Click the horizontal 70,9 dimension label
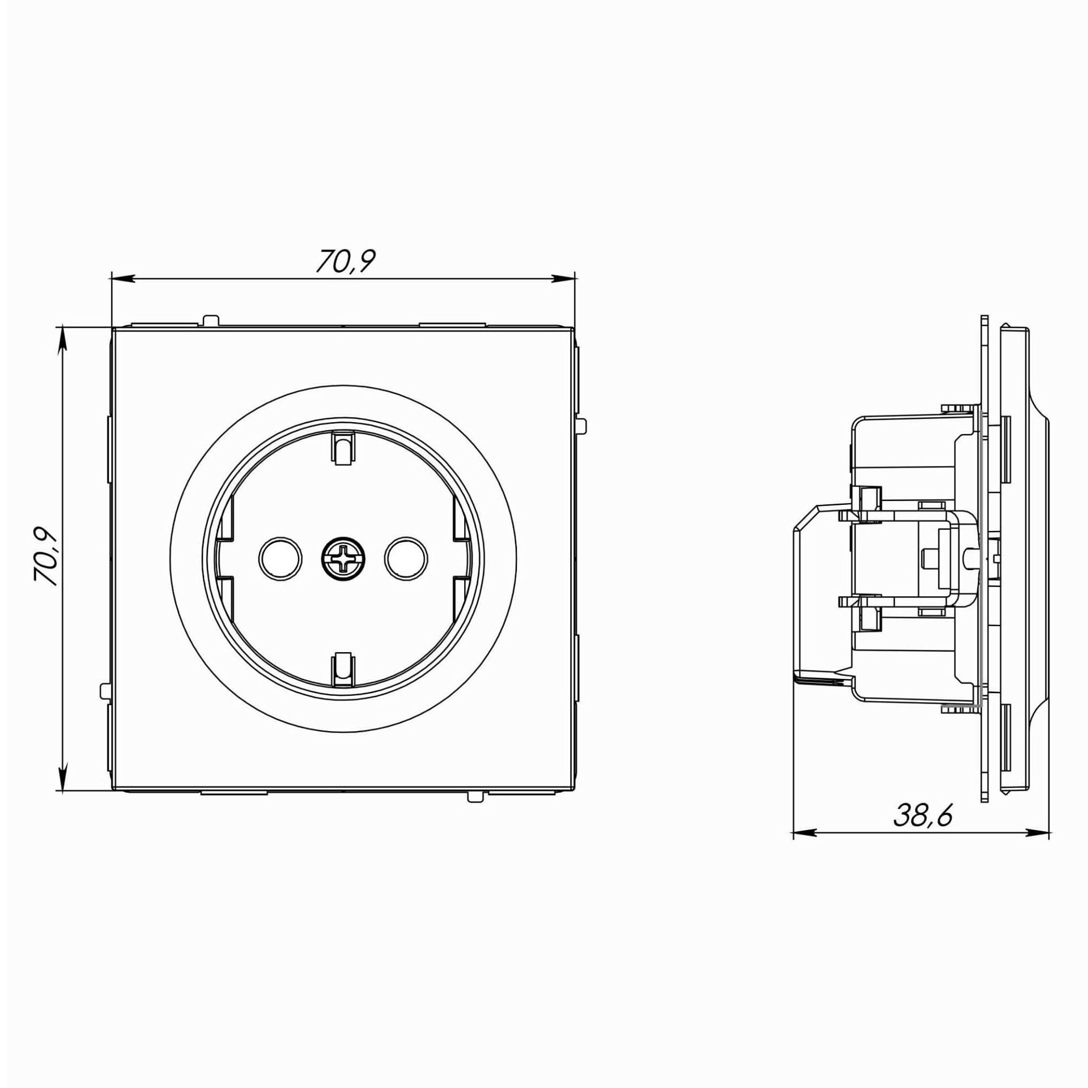(x=346, y=261)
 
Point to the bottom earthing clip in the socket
(x=343, y=668)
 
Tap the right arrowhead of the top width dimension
(x=564, y=278)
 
